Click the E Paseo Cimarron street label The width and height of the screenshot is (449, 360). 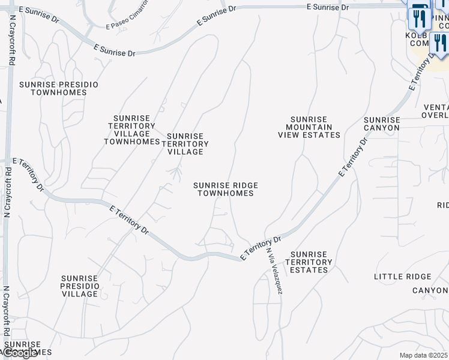(x=127, y=22)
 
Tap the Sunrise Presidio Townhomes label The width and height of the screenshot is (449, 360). (x=58, y=89)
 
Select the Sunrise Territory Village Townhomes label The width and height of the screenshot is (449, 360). (x=131, y=130)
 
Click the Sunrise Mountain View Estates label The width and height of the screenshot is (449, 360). (x=309, y=127)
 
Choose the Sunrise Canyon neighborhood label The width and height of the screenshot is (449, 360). (x=382, y=124)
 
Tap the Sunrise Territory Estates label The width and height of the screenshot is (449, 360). (x=309, y=262)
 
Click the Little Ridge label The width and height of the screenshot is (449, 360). (x=402, y=277)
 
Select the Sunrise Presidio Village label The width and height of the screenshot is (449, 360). (x=80, y=286)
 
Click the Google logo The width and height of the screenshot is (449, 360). (x=21, y=353)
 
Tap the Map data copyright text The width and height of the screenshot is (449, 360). (x=424, y=355)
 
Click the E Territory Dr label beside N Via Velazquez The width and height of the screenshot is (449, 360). (x=260, y=248)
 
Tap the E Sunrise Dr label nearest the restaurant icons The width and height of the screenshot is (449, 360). (x=327, y=7)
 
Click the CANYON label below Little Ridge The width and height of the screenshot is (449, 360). (x=430, y=291)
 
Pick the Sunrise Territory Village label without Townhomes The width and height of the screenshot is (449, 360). (x=187, y=144)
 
